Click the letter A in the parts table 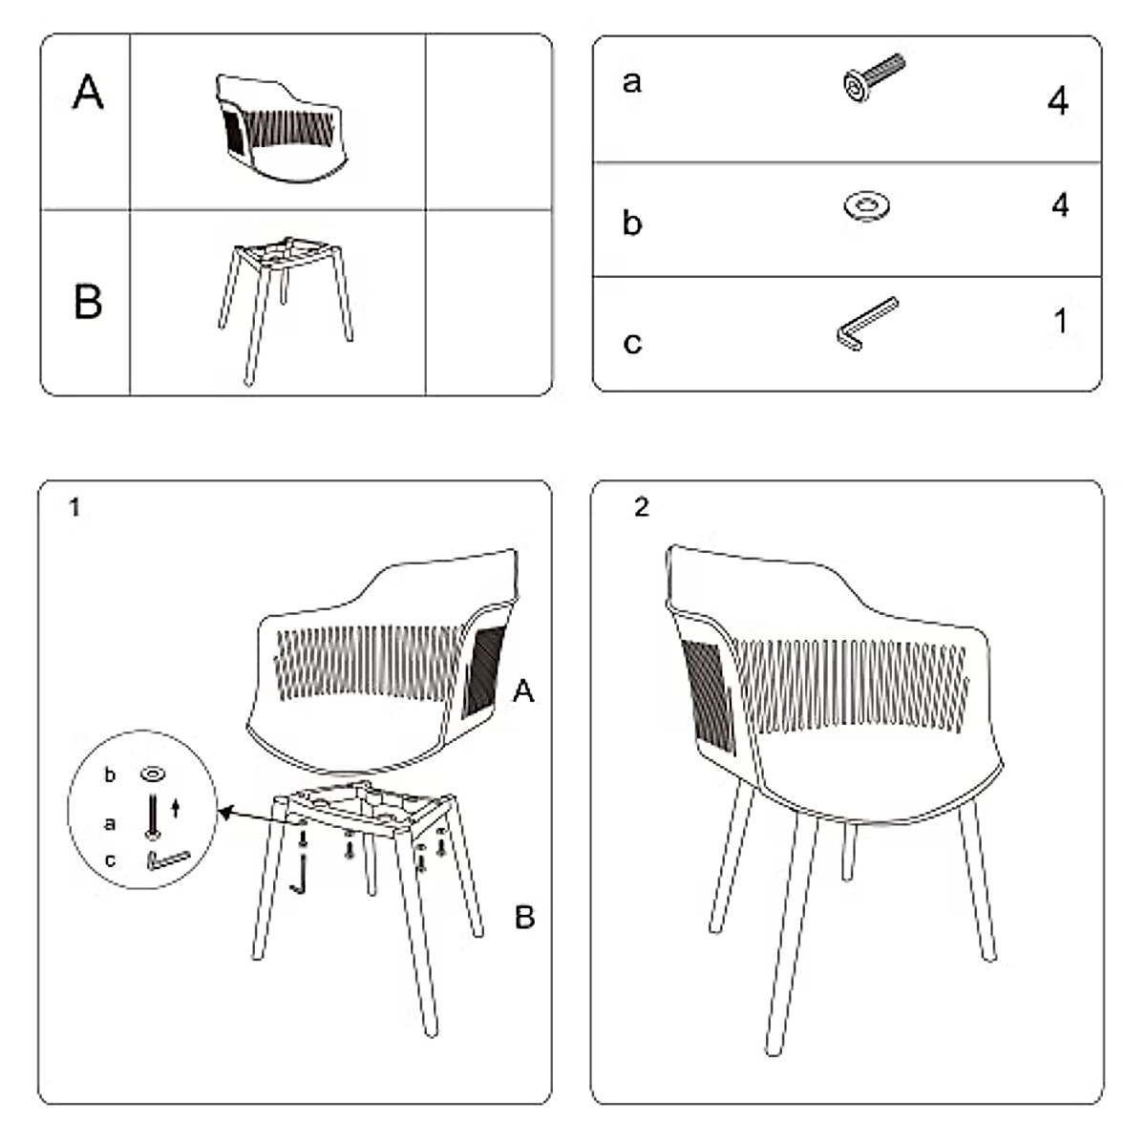88,93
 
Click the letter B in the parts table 88,301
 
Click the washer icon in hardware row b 867,205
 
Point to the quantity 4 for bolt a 1057,100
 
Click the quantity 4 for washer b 1059,204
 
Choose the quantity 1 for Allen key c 1060,321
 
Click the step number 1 74,508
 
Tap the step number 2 641,507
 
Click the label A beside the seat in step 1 523,690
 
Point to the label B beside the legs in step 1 524,918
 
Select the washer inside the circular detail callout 152,773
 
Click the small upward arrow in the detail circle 175,810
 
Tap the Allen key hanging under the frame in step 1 303,874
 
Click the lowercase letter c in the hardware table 631,342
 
